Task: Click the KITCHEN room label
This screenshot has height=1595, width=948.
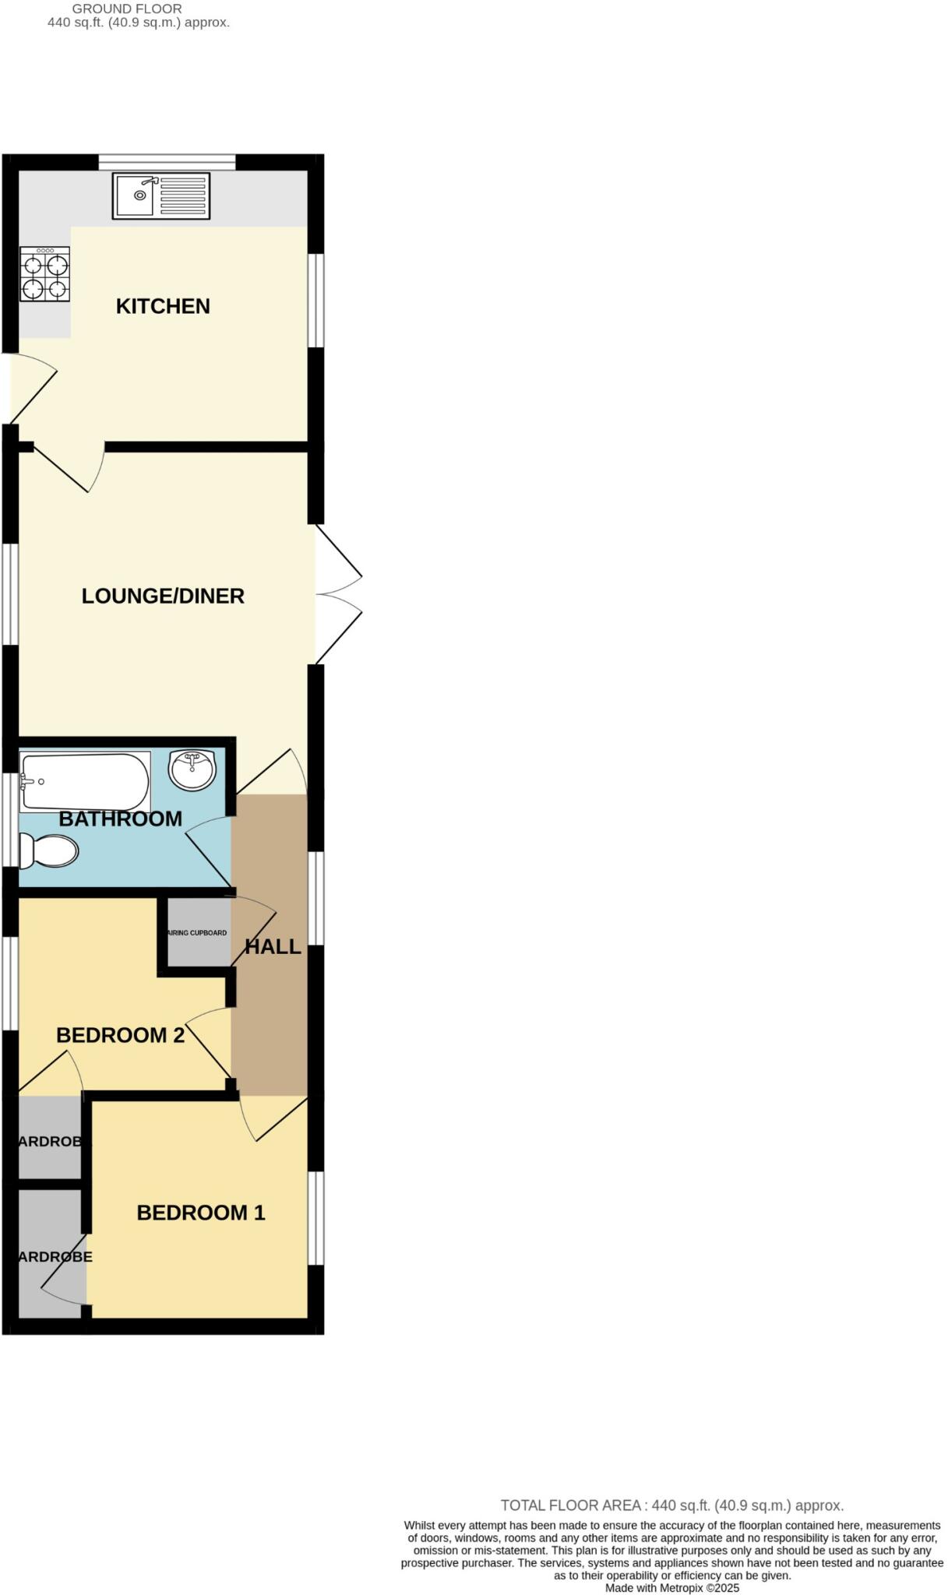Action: [163, 306]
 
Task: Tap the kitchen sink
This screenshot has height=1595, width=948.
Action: [161, 195]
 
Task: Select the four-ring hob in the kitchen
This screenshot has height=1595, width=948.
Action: [45, 274]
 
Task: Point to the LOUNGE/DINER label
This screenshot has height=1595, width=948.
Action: [163, 596]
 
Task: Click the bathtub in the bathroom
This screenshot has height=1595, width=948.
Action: [84, 781]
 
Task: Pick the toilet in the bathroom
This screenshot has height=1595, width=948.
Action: [48, 850]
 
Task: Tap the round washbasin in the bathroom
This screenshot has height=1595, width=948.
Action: [192, 769]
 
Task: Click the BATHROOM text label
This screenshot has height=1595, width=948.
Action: [121, 819]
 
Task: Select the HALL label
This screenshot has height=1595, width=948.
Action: [273, 946]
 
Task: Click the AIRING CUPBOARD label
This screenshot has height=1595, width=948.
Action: [198, 932]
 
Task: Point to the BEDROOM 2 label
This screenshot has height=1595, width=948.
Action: [121, 1035]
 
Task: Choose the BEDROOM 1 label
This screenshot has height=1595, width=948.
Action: [201, 1213]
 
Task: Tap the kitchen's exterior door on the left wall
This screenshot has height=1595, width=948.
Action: [31, 388]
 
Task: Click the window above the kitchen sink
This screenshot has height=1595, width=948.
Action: [167, 162]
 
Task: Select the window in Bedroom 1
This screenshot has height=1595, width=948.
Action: [315, 1218]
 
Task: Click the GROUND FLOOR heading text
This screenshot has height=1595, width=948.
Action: [127, 9]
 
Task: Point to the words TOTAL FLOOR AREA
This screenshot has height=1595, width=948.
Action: [570, 1505]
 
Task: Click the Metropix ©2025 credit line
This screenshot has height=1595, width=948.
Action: [672, 1588]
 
